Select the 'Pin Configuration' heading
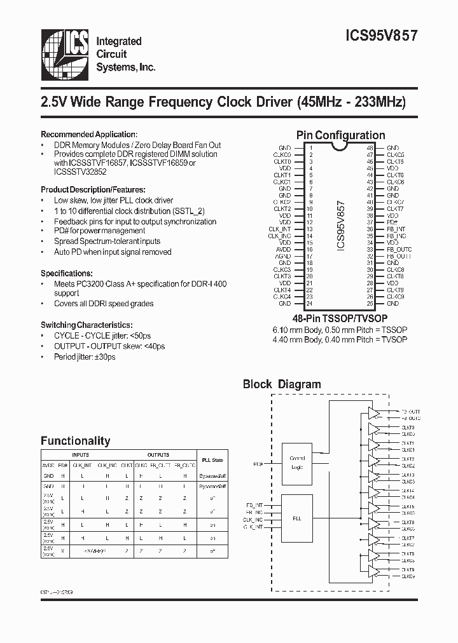(340, 135)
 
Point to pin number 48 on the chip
(370, 148)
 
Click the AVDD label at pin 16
(284, 250)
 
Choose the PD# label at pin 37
(392, 222)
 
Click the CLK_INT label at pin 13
(279, 229)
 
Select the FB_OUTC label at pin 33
(399, 250)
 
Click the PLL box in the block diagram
(298, 518)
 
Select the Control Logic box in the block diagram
(298, 461)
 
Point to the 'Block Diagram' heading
(282, 384)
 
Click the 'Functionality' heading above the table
(75, 441)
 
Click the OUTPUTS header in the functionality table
(158, 455)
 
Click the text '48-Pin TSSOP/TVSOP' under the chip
(340, 317)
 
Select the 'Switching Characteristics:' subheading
(87, 324)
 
